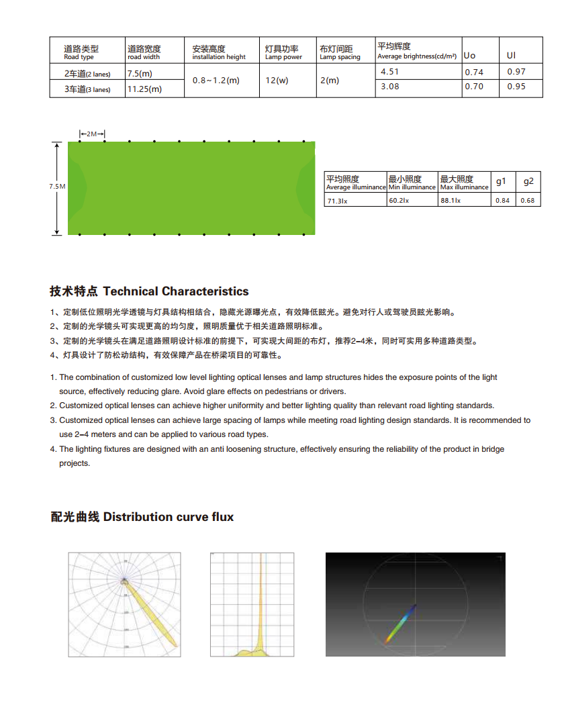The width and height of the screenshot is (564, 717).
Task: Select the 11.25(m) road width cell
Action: coord(144,89)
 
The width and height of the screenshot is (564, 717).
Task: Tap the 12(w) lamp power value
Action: coord(277,81)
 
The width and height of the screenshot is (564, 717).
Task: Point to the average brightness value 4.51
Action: coord(389,72)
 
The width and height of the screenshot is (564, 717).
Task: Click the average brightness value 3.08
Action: coord(389,87)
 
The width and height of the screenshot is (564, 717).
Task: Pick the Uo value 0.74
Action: coord(474,73)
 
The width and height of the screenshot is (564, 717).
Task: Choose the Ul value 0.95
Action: coord(516,87)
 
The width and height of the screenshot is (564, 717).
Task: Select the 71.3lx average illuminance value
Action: coord(336,201)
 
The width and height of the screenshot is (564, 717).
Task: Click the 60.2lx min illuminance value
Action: coord(399,201)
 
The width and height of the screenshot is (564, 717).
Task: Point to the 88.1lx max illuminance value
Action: coord(451,201)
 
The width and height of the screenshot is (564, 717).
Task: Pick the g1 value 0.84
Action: coord(502,201)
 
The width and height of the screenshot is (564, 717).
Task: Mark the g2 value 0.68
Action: coord(528,201)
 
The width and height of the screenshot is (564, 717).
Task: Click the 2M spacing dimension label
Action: coord(92,135)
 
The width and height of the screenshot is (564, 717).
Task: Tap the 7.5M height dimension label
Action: coord(57,187)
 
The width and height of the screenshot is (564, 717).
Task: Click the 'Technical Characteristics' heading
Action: coord(149,291)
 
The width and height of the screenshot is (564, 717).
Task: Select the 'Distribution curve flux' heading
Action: coord(142,517)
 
